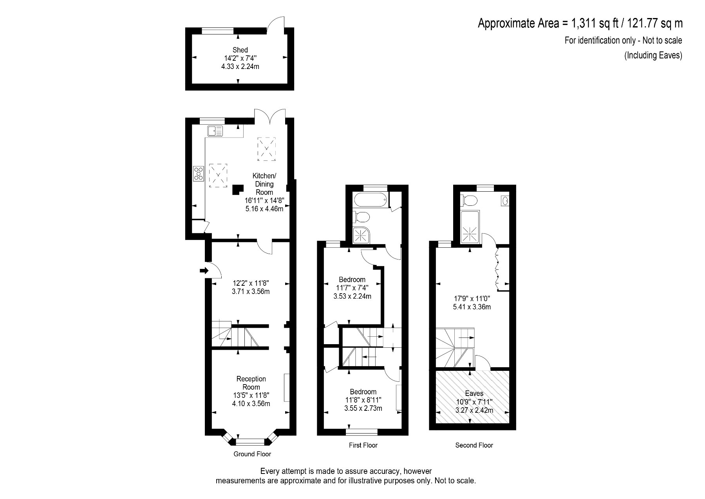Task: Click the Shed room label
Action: pos(240,50)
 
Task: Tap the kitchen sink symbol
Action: pos(215,131)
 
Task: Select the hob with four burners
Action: pos(199,174)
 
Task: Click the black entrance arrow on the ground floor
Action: pos(204,270)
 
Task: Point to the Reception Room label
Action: pos(251,383)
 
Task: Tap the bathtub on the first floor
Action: pos(371,201)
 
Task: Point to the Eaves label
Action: pos(474,394)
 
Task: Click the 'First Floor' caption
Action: pos(363,445)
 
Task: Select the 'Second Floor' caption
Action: pos(474,445)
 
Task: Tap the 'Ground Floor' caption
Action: pos(252,454)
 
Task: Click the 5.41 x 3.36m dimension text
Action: pos(472,307)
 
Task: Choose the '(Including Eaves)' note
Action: pos(653,55)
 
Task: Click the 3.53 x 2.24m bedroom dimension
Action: pos(352,296)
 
